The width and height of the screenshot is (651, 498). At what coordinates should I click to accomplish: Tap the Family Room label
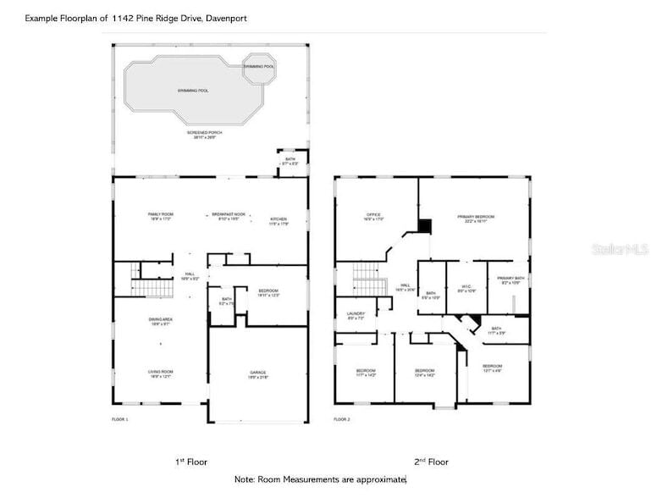(161, 216)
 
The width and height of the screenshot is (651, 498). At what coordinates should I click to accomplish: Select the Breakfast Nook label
(229, 216)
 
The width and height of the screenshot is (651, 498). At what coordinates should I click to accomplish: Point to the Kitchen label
(279, 219)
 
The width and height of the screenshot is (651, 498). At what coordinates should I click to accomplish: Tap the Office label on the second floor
(374, 216)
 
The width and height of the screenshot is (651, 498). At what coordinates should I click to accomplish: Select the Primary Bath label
(510, 279)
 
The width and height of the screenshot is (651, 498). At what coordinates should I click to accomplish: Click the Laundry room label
(356, 315)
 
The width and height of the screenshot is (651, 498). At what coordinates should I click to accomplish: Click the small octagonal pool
(259, 68)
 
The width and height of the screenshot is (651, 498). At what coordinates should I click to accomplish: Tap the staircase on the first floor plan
(153, 288)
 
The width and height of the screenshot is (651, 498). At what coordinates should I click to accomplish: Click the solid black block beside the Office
(425, 226)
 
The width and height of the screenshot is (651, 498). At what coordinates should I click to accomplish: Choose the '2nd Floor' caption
(431, 462)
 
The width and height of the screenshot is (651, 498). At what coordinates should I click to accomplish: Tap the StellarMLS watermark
(621, 249)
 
